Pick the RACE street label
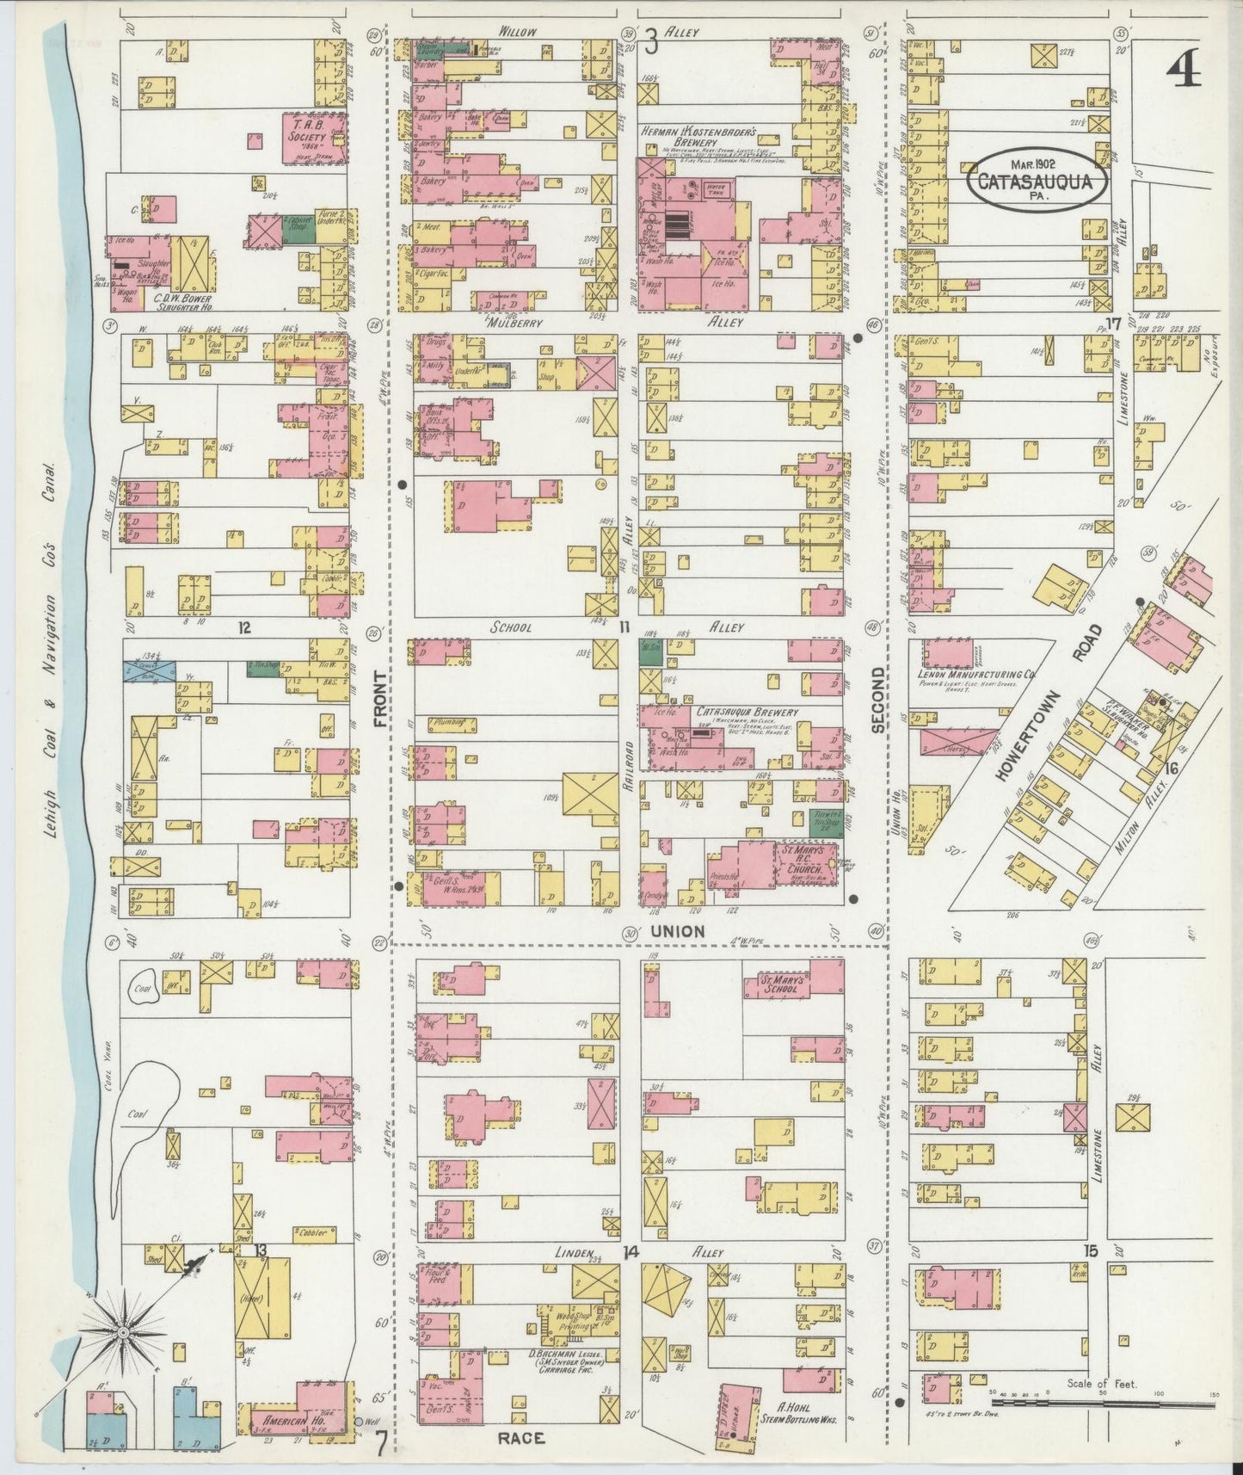tap(520, 1437)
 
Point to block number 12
tap(244, 627)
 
